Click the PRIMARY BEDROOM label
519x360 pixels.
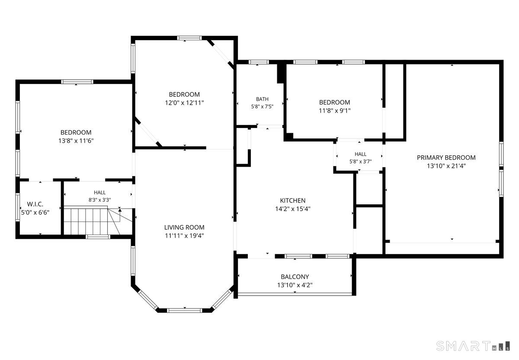[446, 157]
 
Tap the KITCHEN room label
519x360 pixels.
[293, 200]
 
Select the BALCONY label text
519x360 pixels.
[295, 277]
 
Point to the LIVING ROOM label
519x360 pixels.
[184, 228]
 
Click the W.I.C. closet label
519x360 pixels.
[35, 204]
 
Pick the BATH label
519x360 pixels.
[262, 99]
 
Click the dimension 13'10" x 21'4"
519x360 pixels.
[446, 166]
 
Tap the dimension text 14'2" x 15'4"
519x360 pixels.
[293, 209]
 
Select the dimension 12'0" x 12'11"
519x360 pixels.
[184, 103]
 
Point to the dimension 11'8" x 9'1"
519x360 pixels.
[335, 111]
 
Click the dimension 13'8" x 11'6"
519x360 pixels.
[76, 141]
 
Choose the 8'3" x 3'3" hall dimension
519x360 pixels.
[99, 200]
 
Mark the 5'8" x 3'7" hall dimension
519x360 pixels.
[361, 161]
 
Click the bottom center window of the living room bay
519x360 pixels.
[184, 310]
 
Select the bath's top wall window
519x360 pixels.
[259, 62]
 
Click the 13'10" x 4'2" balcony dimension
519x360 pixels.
[295, 285]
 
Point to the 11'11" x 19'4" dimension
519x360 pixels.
[184, 236]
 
